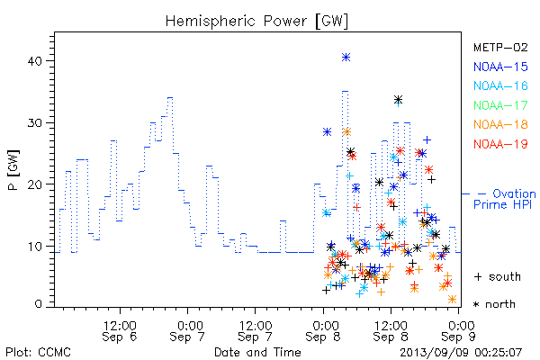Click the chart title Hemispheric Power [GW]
point(256,22)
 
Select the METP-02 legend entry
point(500,48)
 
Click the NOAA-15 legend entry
point(500,67)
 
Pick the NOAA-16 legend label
point(500,85)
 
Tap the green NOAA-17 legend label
point(500,105)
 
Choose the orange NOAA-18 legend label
point(500,124)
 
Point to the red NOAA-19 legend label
point(500,144)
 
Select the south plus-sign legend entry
point(498,276)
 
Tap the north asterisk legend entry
point(494,304)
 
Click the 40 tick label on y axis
point(34,61)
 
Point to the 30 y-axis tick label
point(34,123)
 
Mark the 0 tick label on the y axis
point(38,304)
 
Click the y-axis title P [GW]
point(13,170)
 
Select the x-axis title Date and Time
point(257,353)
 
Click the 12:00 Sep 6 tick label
point(120,331)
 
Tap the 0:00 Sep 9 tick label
point(459,331)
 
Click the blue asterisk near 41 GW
point(346,58)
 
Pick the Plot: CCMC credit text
point(38,353)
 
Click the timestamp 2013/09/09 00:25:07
point(461,353)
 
